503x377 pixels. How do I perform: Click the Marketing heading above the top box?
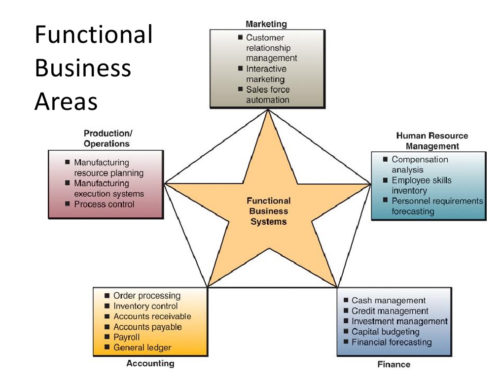pyautogui.click(x=266, y=24)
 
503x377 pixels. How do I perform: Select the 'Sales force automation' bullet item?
pyautogui.click(x=268, y=95)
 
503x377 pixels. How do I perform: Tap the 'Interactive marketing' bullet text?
pyautogui.click(x=266, y=74)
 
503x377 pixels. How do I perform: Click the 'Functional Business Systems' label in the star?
pyautogui.click(x=268, y=211)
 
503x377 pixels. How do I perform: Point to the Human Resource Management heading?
pyautogui.click(x=432, y=141)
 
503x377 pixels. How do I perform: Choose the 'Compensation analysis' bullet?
pyautogui.click(x=419, y=165)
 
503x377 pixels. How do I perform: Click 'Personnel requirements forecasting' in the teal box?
pyautogui.click(x=436, y=206)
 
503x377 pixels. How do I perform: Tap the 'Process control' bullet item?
pyautogui.click(x=104, y=204)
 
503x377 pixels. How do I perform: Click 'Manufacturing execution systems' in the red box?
pyautogui.click(x=108, y=188)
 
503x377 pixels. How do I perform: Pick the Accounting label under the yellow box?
pyautogui.click(x=150, y=363)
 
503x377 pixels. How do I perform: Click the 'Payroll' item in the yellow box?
pyautogui.click(x=127, y=337)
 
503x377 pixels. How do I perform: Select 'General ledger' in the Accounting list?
pyautogui.click(x=142, y=347)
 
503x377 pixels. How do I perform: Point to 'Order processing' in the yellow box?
pyautogui.click(x=146, y=296)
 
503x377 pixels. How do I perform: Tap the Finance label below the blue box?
pyautogui.click(x=394, y=364)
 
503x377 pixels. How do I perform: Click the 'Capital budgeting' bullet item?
pyautogui.click(x=385, y=332)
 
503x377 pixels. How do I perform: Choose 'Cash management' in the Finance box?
pyautogui.click(x=388, y=300)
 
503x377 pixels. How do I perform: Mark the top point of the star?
pyautogui.click(x=268, y=110)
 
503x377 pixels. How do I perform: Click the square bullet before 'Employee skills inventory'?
pyautogui.click(x=385, y=180)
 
